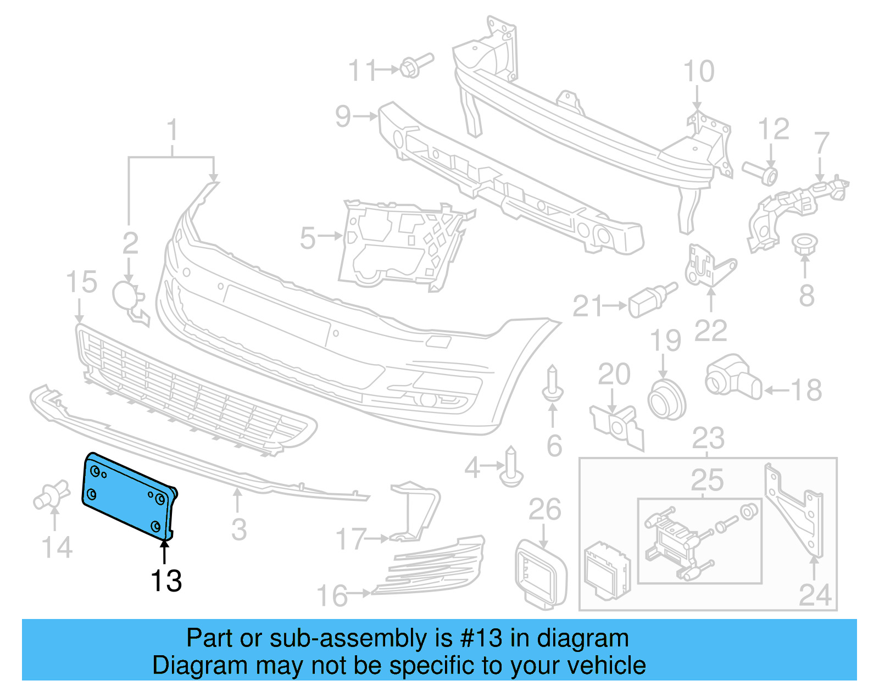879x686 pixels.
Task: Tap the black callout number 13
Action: (166, 581)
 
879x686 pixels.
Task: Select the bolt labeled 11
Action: (416, 65)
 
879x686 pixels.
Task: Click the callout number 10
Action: (698, 72)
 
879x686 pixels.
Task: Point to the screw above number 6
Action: (552, 384)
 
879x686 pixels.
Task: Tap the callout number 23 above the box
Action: (708, 439)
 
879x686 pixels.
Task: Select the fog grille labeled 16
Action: (434, 566)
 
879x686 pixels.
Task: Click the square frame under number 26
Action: (541, 574)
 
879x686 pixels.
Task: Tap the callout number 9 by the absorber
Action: (343, 116)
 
